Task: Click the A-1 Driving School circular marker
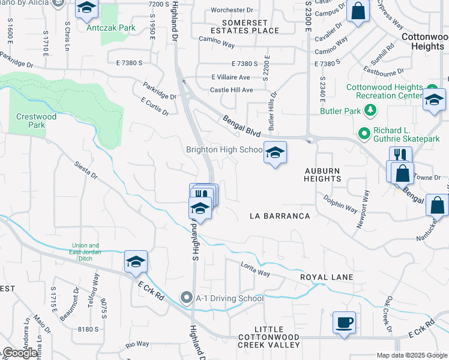coord(187,298)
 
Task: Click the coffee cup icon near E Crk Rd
coord(344,322)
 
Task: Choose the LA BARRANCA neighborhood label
coord(280,216)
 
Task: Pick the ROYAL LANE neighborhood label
coord(327,277)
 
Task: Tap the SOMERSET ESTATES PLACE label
coord(245,26)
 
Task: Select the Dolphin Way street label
coord(340,203)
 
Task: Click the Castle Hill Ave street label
coord(231,90)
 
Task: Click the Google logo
coord(20,353)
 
